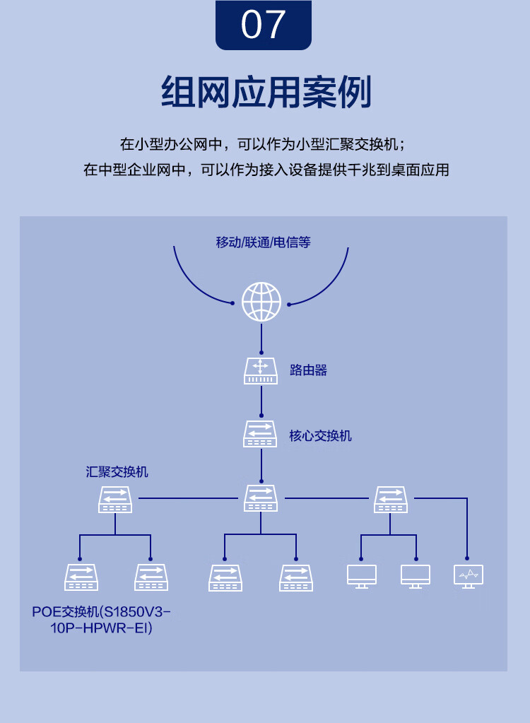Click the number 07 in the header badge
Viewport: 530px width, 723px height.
point(264,24)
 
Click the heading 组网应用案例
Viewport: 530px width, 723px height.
point(266,93)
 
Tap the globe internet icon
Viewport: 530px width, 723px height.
point(261,302)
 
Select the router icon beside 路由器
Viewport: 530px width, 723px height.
point(261,370)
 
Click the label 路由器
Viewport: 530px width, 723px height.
point(308,370)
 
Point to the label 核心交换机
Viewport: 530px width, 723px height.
point(320,435)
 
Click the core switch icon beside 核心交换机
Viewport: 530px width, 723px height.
point(261,434)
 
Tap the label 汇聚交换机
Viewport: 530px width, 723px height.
point(117,472)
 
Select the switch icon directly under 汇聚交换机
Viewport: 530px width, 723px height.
point(115,499)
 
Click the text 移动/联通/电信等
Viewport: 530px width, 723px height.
point(263,242)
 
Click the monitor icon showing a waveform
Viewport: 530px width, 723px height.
point(468,576)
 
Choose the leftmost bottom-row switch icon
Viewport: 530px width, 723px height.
point(81,577)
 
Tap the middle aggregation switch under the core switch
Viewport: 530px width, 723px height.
point(261,498)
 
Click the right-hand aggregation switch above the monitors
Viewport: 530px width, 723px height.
point(391,499)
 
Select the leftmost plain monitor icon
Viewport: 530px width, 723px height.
point(362,576)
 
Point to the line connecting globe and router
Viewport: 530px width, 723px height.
point(261,338)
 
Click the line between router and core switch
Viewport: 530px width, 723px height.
point(261,401)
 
